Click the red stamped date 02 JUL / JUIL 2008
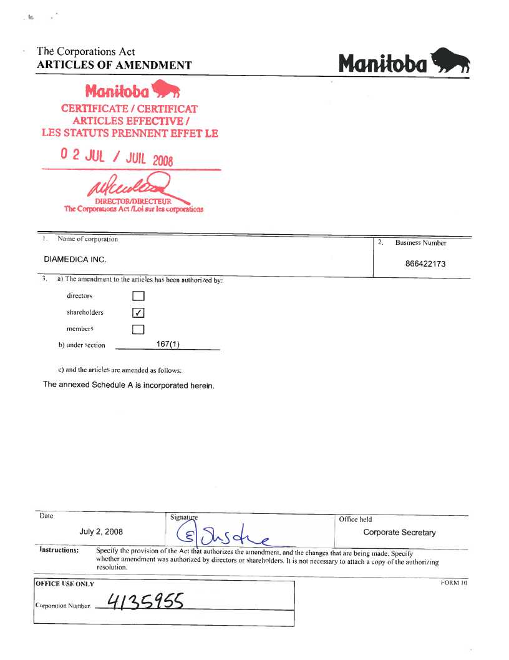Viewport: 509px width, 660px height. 117,156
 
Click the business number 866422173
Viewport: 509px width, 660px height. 425,264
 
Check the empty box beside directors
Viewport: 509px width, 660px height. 138,296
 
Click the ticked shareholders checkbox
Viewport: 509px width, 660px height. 138,313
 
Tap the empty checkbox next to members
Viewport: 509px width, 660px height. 138,329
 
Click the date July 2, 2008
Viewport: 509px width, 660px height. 101,532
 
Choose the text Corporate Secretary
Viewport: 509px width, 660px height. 399,533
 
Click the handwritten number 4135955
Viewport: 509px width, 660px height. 145,602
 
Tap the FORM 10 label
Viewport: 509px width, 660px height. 453,583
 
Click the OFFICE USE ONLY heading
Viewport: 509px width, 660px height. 65,584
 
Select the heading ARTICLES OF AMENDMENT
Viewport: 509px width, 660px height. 114,66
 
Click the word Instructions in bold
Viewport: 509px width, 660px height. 59,550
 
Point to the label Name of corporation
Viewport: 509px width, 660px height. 87,239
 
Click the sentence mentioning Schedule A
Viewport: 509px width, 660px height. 128,385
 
